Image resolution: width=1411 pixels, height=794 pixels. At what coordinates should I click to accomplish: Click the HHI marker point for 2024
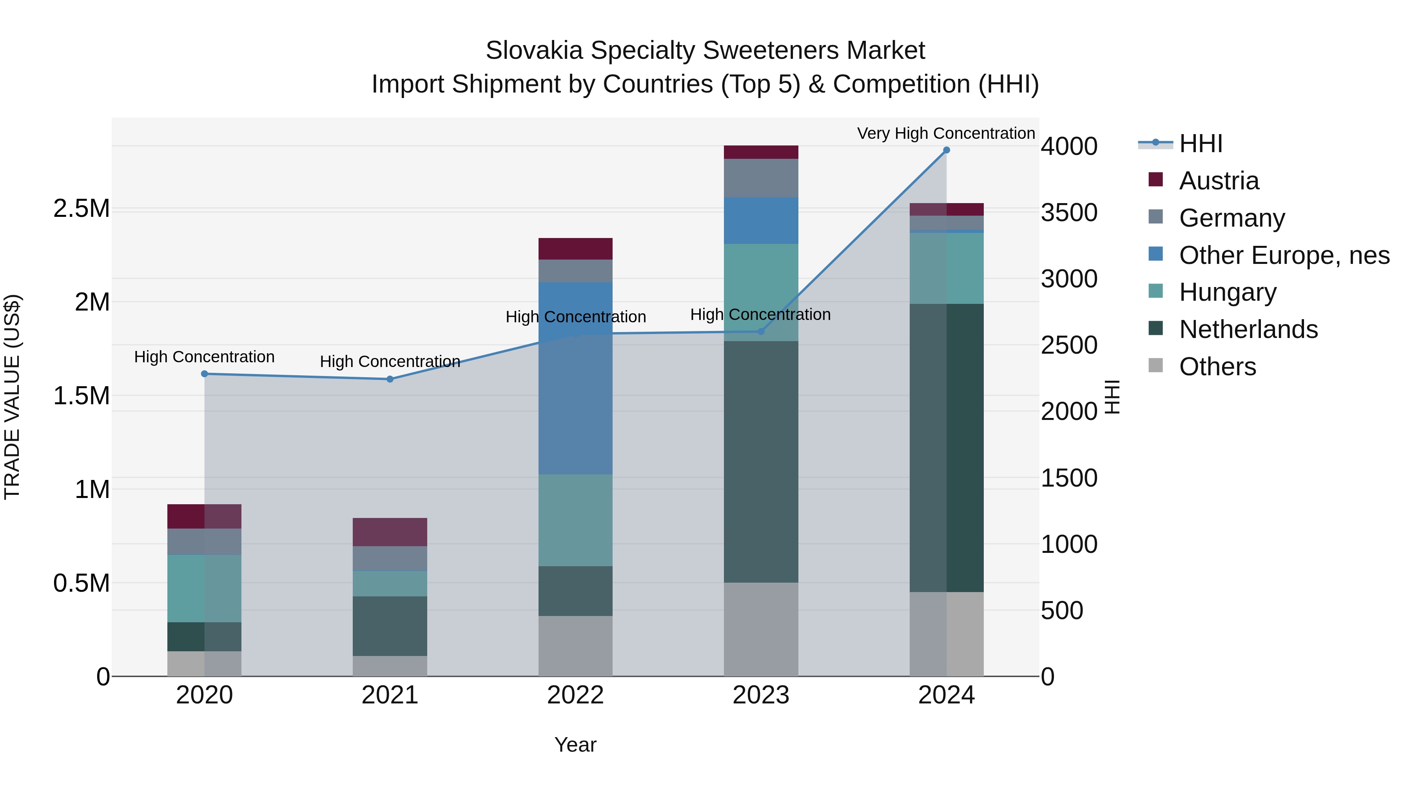[x=946, y=150]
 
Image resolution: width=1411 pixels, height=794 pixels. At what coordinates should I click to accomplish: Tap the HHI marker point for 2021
[x=390, y=379]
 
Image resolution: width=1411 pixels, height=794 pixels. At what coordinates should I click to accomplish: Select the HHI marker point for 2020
[x=204, y=374]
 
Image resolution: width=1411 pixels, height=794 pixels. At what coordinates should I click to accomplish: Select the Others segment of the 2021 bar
[x=390, y=666]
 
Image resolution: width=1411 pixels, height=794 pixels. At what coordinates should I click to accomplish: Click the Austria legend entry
[x=1219, y=181]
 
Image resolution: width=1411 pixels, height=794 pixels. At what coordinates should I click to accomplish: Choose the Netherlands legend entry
[x=1248, y=329]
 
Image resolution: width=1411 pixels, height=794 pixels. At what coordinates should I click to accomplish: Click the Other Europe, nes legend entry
[x=1283, y=255]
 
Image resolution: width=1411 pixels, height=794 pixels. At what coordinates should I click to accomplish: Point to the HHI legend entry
[x=1200, y=144]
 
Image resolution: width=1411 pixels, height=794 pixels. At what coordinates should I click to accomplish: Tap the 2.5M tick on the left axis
[x=82, y=209]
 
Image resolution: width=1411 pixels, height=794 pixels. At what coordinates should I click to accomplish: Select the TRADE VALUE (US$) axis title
[x=12, y=397]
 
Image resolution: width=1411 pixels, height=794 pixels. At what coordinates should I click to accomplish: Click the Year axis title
[x=575, y=745]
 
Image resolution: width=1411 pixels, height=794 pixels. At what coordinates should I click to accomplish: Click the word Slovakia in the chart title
[x=534, y=51]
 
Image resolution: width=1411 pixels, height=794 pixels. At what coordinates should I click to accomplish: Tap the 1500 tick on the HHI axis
[x=1069, y=478]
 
